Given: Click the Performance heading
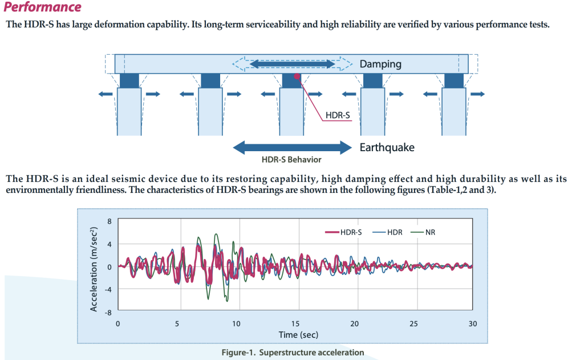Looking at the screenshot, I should coord(43,7).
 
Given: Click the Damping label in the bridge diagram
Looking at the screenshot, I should coord(380,64).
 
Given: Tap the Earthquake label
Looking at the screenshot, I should coord(387,148).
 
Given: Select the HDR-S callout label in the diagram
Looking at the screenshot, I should coord(337,115).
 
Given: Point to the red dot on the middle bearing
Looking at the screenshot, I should coord(297,76).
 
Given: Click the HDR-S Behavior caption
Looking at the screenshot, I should coord(291,160).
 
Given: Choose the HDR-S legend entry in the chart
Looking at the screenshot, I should coord(344,232).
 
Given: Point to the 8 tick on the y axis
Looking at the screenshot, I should coord(109,221).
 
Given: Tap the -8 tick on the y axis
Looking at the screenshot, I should coord(108,312).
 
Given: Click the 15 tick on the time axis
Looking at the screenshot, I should coord(295,323).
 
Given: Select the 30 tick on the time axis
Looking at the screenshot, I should coord(473,323).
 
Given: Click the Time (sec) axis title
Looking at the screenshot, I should coord(298,334).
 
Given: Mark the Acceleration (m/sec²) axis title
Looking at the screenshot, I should coord(94,266).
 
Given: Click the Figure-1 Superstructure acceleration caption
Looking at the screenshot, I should coord(293,352).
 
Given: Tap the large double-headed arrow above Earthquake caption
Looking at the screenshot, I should coord(293,147).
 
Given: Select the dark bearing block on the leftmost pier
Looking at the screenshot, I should coord(129,80).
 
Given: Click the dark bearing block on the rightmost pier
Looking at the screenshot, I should coord(454,80).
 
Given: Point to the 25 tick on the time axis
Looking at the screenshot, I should coord(413,323).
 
